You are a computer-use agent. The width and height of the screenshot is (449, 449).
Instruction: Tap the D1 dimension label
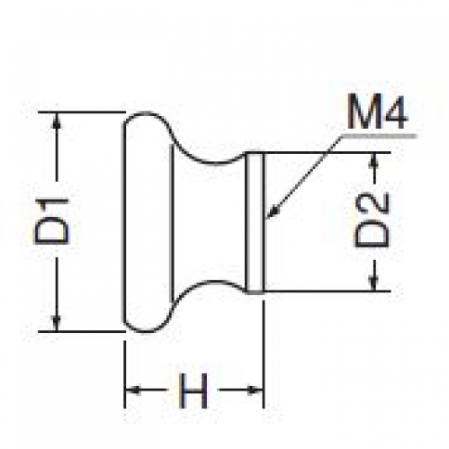tap(52, 220)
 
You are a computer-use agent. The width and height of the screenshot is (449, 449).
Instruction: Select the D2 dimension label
tap(372, 220)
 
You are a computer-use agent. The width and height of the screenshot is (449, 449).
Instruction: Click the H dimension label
tap(193, 391)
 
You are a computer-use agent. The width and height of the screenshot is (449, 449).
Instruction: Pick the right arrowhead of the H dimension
tap(255, 391)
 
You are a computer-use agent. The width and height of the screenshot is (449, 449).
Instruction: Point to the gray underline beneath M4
tap(379, 136)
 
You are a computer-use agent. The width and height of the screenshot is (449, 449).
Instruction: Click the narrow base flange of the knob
tap(255, 222)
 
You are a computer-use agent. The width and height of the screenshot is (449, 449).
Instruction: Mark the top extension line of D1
tap(82, 112)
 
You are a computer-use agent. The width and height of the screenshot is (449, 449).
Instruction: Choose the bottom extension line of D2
tap(327, 292)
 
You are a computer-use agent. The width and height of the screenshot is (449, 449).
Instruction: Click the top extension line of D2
tap(327, 153)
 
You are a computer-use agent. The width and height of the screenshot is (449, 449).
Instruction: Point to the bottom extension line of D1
tap(82, 332)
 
